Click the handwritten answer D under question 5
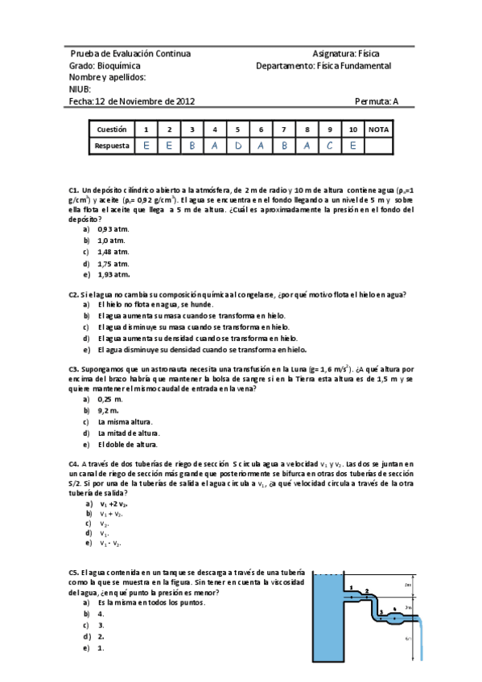(x=237, y=146)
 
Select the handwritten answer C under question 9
(x=330, y=146)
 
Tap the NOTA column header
(x=378, y=129)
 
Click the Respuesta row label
(x=111, y=146)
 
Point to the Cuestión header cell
(x=112, y=129)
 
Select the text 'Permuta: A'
(x=376, y=101)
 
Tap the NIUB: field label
(x=80, y=89)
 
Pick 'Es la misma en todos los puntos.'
(x=150, y=602)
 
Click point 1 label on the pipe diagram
(x=352, y=588)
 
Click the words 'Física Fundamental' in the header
(x=355, y=66)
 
